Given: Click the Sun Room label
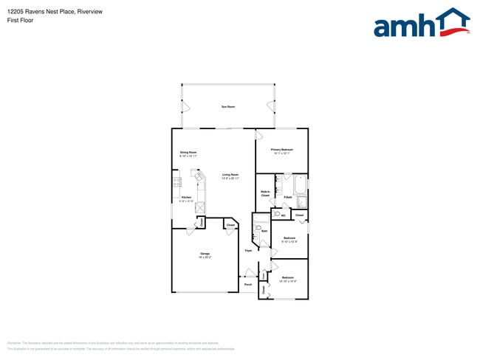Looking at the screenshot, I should point(229,108).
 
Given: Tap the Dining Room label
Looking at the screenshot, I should point(188,153).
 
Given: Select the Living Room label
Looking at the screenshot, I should point(230,175).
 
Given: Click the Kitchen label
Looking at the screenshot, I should point(186,198).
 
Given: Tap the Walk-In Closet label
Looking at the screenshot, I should point(265,194).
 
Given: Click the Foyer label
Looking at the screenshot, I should point(249,251).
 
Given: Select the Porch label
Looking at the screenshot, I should point(248,284).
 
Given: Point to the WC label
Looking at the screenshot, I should point(283,215).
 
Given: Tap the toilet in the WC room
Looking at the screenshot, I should point(276,214).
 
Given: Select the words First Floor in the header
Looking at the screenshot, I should point(20,21).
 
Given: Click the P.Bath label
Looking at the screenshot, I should point(287,198).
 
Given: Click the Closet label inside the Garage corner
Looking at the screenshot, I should point(230,225).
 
